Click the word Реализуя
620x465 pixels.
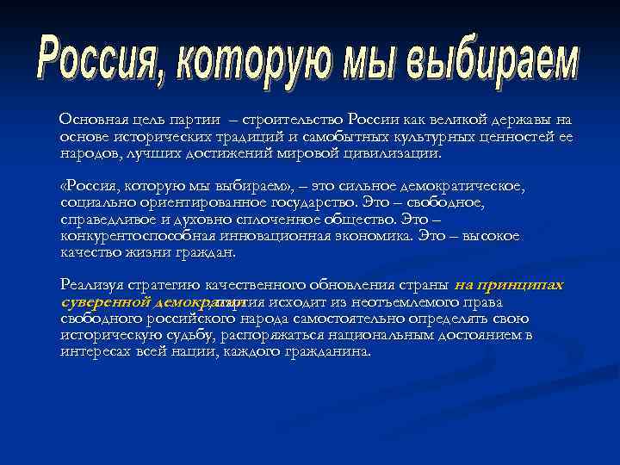pyautogui.click(x=90, y=285)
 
